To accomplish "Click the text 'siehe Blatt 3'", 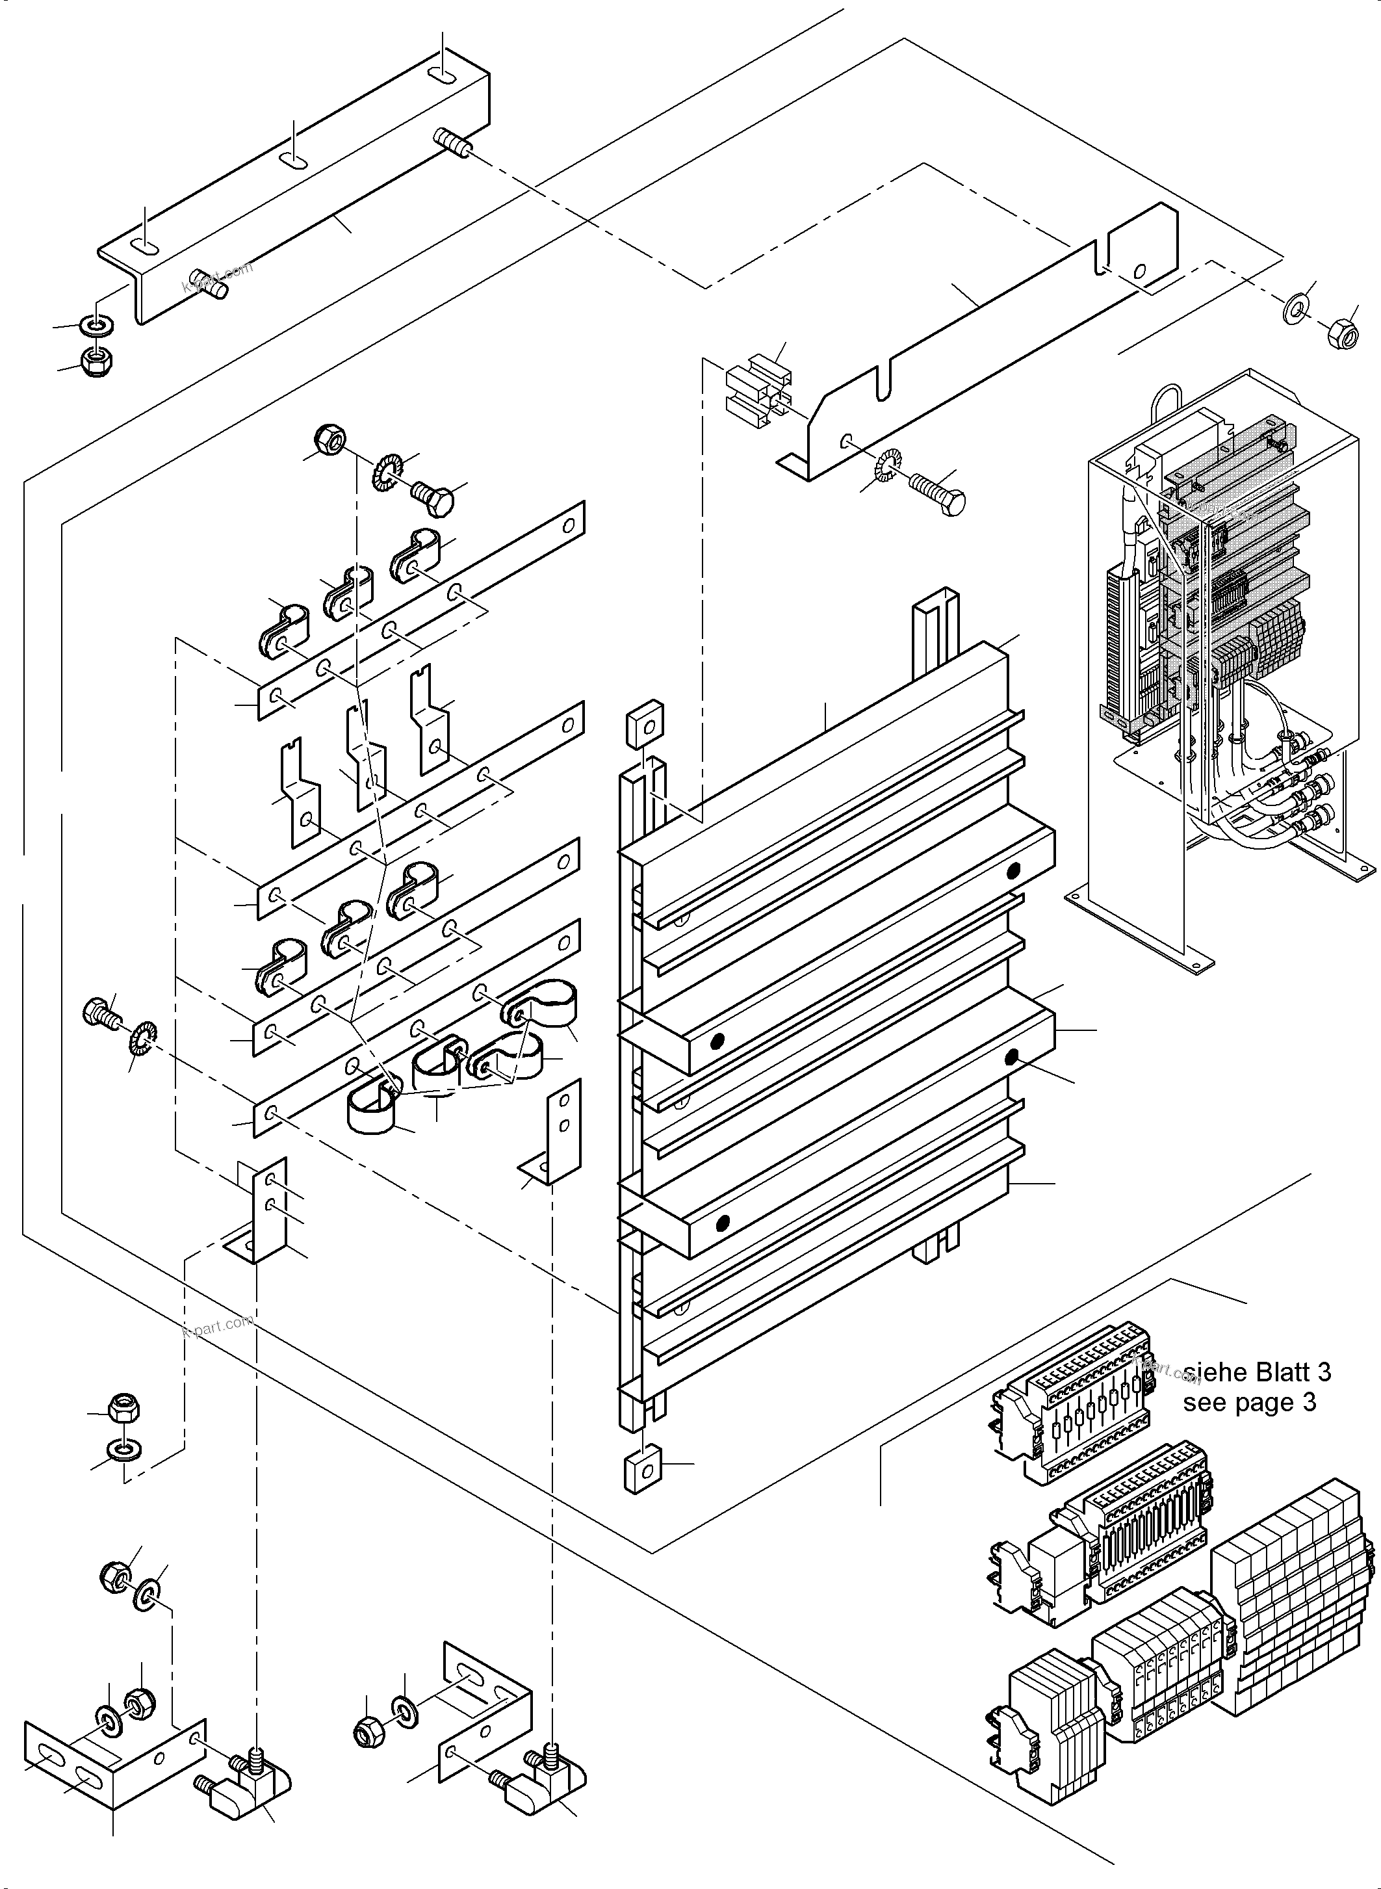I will pos(1256,1372).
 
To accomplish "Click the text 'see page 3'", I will pos(1249,1401).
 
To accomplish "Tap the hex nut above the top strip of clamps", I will pos(330,437).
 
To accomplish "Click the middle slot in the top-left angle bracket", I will pos(293,161).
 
